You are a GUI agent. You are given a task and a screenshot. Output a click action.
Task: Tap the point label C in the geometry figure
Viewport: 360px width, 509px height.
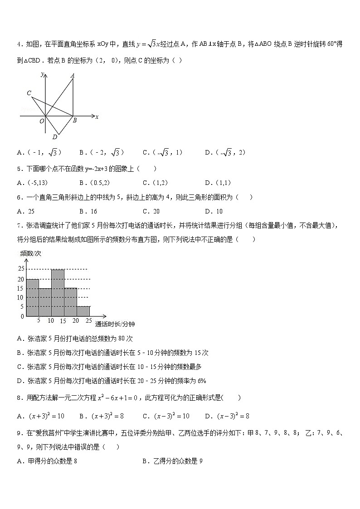click(x=29, y=93)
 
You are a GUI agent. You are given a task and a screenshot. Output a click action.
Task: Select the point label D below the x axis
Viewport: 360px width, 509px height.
click(x=54, y=137)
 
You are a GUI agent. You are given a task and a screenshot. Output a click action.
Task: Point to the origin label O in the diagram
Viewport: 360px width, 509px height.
click(x=41, y=121)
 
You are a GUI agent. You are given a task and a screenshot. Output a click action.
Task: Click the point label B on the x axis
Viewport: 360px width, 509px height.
click(x=74, y=121)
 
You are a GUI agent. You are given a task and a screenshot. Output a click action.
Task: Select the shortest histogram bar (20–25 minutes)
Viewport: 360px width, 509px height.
click(x=83, y=311)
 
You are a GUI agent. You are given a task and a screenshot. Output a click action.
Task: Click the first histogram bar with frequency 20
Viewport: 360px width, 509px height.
click(x=32, y=297)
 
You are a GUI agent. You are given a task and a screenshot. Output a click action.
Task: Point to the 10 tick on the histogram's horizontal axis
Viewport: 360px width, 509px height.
click(x=51, y=321)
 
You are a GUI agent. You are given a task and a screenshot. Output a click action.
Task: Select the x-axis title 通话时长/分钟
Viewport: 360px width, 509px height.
click(x=115, y=324)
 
